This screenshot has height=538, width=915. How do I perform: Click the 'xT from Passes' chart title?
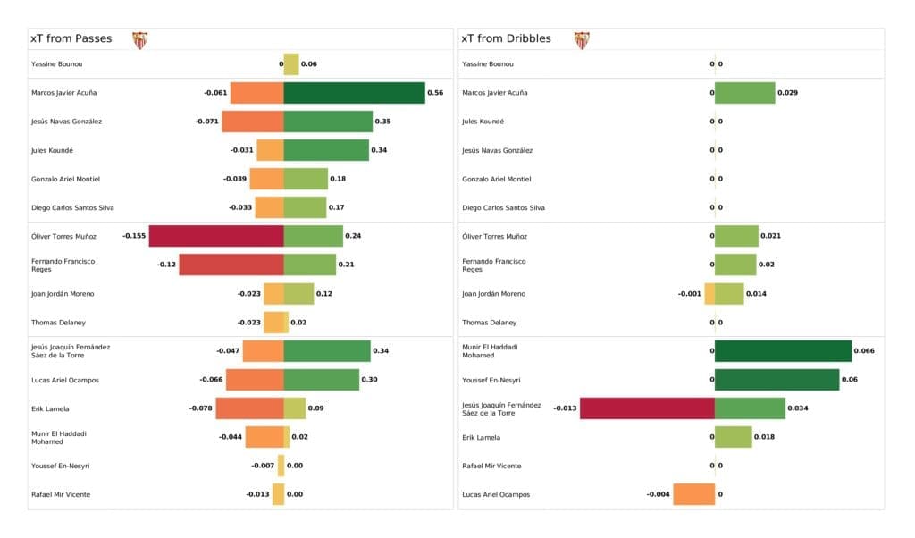71,39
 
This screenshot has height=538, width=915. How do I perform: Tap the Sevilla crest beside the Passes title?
139,40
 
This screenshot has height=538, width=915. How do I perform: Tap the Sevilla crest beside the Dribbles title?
582,40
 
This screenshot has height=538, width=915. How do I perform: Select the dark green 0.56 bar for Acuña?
354,93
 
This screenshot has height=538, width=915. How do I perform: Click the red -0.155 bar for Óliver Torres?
216,236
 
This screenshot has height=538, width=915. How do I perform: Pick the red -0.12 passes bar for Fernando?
231,265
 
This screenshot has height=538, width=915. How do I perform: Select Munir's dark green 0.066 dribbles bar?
783,351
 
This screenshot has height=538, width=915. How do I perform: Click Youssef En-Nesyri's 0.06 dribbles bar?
776,380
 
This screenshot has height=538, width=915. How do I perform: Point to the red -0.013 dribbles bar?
647,409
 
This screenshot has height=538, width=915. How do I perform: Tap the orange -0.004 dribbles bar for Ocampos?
693,494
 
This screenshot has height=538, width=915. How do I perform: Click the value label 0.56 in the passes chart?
435,93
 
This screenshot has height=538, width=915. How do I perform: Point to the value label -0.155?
134,236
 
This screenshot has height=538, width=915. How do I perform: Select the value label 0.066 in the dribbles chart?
864,351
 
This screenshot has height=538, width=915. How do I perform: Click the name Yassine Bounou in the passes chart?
57,64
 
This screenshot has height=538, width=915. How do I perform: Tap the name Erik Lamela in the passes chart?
50,408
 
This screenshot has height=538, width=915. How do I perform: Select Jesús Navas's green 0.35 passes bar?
328,122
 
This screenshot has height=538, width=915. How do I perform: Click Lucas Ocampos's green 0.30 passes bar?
321,380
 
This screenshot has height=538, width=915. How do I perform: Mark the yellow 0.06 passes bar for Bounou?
291,64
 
